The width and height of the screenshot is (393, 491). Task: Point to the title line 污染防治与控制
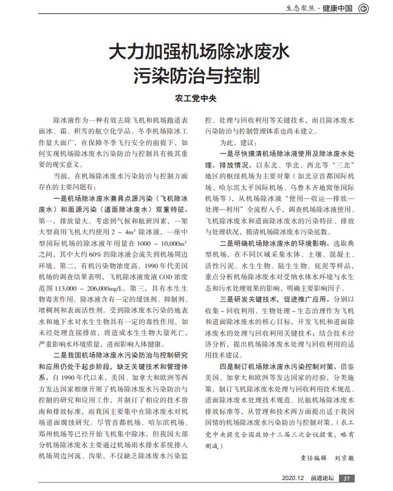197,75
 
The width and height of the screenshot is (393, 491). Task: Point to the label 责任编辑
314,458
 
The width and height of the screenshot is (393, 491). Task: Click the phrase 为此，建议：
234,141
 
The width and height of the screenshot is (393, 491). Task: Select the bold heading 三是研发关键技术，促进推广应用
276,300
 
